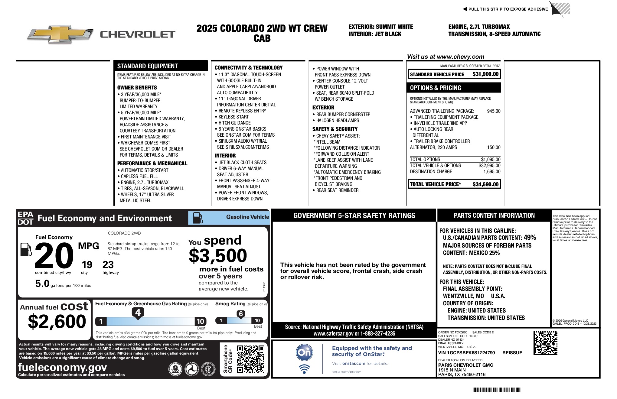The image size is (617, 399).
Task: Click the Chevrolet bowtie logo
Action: point(60,34)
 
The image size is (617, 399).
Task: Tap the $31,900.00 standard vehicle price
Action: point(485,74)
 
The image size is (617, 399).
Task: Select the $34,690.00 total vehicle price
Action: point(485,184)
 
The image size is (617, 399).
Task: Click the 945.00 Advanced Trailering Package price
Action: point(494,111)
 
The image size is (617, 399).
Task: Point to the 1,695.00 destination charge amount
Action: point(492,172)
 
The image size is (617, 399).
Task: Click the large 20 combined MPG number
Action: point(54,256)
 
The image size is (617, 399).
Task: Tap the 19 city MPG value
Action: point(87,265)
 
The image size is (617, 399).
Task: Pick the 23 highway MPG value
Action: point(108,265)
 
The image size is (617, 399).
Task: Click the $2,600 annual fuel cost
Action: point(57,321)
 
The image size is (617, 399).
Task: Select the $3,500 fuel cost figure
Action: point(218,256)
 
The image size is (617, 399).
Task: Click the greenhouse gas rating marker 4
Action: point(138,312)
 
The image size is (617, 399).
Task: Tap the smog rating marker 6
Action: point(241,314)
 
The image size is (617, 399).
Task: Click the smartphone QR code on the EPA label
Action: point(250,359)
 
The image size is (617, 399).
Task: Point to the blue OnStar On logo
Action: point(304,352)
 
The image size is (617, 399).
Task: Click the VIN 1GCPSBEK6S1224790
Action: point(466,353)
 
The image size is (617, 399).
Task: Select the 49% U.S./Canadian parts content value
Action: point(530,238)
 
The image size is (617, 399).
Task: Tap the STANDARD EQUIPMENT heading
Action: point(147,66)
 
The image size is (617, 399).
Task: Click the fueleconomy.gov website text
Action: point(62,367)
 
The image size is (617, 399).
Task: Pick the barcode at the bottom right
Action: point(496,390)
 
